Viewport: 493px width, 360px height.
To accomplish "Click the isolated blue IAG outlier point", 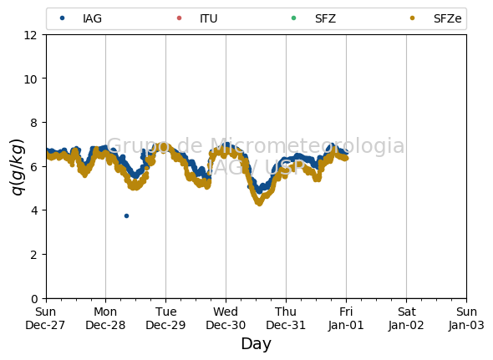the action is (x=126, y=216).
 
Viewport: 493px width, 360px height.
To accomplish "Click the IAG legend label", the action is (x=92, y=18).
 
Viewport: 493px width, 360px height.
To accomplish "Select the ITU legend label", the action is (x=208, y=18).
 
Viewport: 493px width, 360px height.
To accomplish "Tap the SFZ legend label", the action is (x=325, y=18).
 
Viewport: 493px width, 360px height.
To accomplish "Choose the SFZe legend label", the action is (x=447, y=18).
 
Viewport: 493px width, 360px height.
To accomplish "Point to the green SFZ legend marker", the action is (x=293, y=18).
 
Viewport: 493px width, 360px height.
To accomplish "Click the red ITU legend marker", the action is (x=179, y=18).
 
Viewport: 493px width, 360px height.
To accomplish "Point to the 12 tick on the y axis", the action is (x=31, y=35).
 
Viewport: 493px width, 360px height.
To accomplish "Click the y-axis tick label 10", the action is (x=31, y=79).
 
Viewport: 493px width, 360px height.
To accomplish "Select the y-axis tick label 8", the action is (x=34, y=123).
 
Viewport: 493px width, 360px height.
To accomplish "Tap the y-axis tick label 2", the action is (x=34, y=255).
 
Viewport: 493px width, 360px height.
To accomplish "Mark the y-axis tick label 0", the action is (x=34, y=299).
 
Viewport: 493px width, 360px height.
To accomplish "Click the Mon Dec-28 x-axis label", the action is (x=105, y=318).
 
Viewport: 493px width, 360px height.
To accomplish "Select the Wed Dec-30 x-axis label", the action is (x=226, y=318).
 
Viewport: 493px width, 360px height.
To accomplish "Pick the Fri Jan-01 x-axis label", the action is (x=346, y=318).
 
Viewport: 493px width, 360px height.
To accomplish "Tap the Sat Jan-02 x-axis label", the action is (x=406, y=318).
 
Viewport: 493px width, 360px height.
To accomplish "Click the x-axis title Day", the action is (x=256, y=343).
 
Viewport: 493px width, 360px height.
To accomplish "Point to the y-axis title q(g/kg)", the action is (x=18, y=167).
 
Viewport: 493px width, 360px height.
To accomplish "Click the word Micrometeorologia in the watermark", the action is (x=307, y=145).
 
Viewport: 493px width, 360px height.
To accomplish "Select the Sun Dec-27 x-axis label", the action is (x=45, y=318).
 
